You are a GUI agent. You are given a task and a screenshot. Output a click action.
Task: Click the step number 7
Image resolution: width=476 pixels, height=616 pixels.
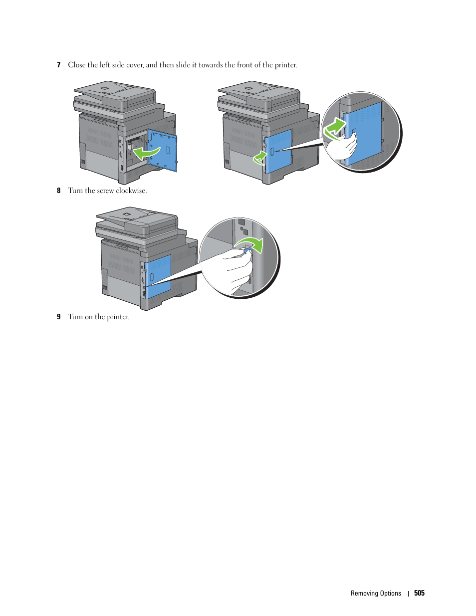(x=58, y=65)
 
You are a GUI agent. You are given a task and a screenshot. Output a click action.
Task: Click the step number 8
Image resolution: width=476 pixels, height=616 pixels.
(x=58, y=191)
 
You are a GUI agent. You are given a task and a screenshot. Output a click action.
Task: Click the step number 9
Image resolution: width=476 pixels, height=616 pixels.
(x=58, y=317)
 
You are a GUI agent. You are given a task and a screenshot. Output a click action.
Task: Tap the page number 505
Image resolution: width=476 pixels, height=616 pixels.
(x=419, y=593)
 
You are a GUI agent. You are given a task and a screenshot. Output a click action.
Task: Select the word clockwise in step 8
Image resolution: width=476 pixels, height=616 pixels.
(x=131, y=191)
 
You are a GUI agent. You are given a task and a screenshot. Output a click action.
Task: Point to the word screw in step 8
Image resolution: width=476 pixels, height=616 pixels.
(x=105, y=191)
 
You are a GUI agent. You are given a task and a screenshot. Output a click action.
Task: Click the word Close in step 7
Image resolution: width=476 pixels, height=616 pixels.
(x=76, y=65)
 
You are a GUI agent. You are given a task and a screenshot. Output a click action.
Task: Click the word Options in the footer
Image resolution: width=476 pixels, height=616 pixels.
(x=391, y=593)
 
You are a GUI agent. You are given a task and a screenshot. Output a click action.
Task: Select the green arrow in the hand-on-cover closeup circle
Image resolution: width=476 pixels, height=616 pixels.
(x=334, y=129)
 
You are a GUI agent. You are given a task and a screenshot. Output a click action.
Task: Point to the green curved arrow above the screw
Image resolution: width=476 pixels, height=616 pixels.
(x=251, y=244)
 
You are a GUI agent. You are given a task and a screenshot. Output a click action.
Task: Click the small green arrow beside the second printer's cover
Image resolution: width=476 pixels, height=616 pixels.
(x=260, y=158)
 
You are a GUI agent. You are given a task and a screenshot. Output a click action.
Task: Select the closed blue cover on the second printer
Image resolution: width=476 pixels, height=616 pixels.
(x=278, y=151)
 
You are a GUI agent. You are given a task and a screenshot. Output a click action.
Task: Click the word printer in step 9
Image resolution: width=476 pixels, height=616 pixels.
(x=118, y=317)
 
